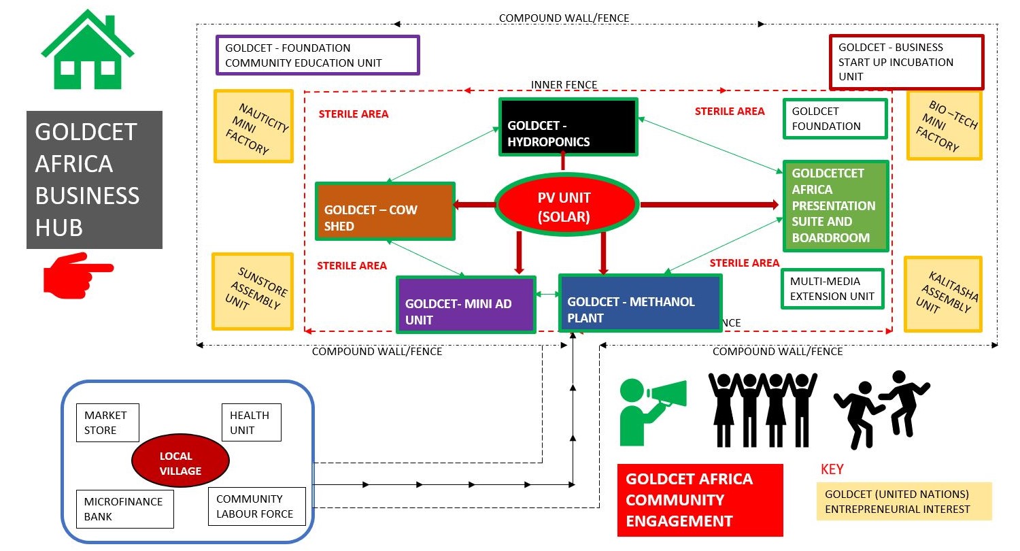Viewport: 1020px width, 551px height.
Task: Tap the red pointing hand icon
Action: [x=76, y=273]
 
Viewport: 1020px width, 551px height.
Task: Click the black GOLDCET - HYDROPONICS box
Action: [x=568, y=127]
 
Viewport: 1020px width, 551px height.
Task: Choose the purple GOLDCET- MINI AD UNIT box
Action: [x=466, y=304]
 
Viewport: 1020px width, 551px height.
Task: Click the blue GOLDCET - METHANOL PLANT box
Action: [x=640, y=303]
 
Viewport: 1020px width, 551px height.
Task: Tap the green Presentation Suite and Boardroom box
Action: [x=836, y=205]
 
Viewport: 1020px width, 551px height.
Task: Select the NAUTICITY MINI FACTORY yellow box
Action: [x=254, y=127]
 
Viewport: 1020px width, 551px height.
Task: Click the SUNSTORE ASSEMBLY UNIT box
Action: [x=252, y=292]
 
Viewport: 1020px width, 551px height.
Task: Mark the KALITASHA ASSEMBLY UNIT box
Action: [x=943, y=294]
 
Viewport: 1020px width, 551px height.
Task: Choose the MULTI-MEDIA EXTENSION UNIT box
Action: [x=832, y=288]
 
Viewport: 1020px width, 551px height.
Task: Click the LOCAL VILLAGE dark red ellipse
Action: [x=180, y=463]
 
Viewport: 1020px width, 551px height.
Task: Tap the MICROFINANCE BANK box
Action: [x=124, y=509]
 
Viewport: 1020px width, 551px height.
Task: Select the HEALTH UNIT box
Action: [x=251, y=422]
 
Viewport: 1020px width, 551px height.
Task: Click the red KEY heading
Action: [x=832, y=469]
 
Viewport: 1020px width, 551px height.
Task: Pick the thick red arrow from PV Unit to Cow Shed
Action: [x=475, y=204]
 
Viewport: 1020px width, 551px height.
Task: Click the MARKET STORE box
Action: [x=107, y=422]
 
